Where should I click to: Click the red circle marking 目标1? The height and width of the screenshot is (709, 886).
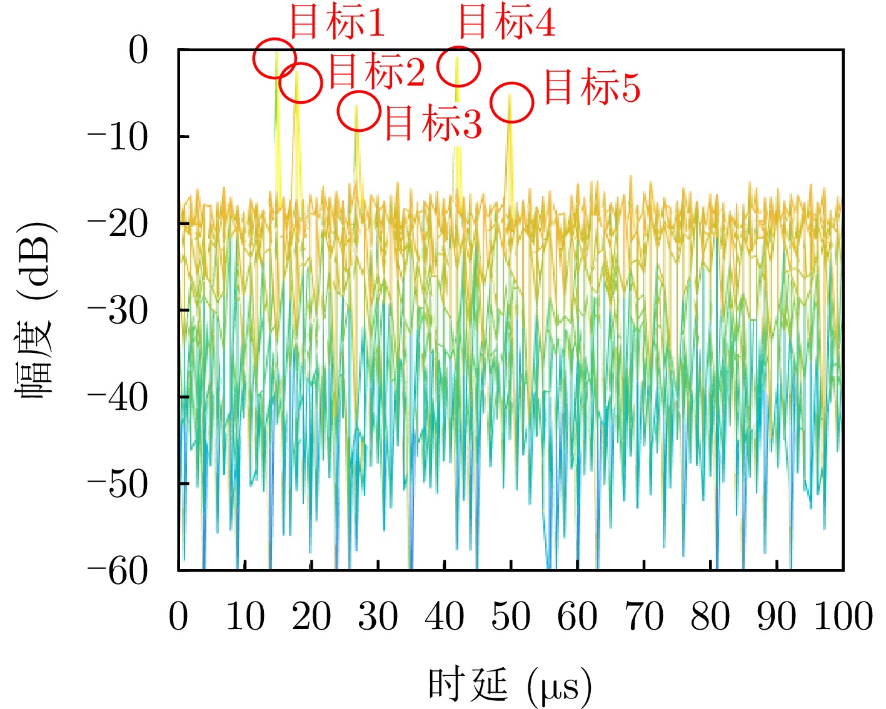point(274,58)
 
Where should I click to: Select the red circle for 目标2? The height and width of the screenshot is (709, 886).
point(300,82)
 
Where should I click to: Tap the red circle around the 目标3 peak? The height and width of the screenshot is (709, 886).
point(359,111)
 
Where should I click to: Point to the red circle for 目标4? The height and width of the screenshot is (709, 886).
point(458,66)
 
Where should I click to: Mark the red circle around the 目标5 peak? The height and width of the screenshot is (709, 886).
point(512,102)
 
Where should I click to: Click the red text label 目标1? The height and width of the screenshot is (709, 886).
point(337,22)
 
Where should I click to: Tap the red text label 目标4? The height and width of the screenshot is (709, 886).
point(506,22)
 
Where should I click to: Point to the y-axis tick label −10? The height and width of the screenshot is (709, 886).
point(118,137)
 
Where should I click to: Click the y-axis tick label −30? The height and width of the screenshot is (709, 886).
point(118,310)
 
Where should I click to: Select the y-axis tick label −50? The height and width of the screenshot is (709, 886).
point(118,484)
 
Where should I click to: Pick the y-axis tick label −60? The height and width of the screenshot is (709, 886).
point(118,571)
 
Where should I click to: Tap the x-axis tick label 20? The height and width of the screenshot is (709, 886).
point(311,617)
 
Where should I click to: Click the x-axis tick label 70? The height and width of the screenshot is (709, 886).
point(644,617)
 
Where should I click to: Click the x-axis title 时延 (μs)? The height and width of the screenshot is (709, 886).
point(510,685)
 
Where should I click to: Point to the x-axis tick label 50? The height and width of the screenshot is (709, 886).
point(511,617)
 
